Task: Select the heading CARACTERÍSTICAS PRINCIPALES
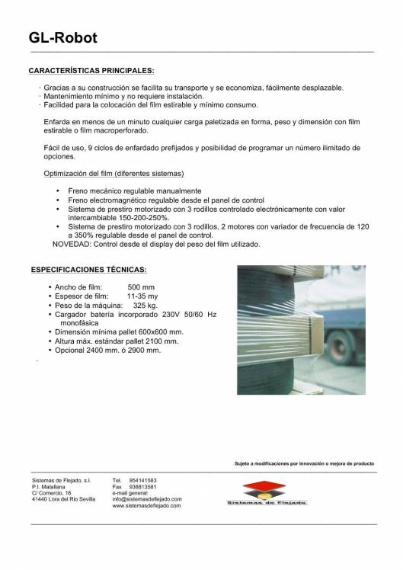pos(91,70)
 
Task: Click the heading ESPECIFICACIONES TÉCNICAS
pos(88,270)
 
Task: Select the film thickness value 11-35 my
pos(142,296)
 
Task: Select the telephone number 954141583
pos(144,481)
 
